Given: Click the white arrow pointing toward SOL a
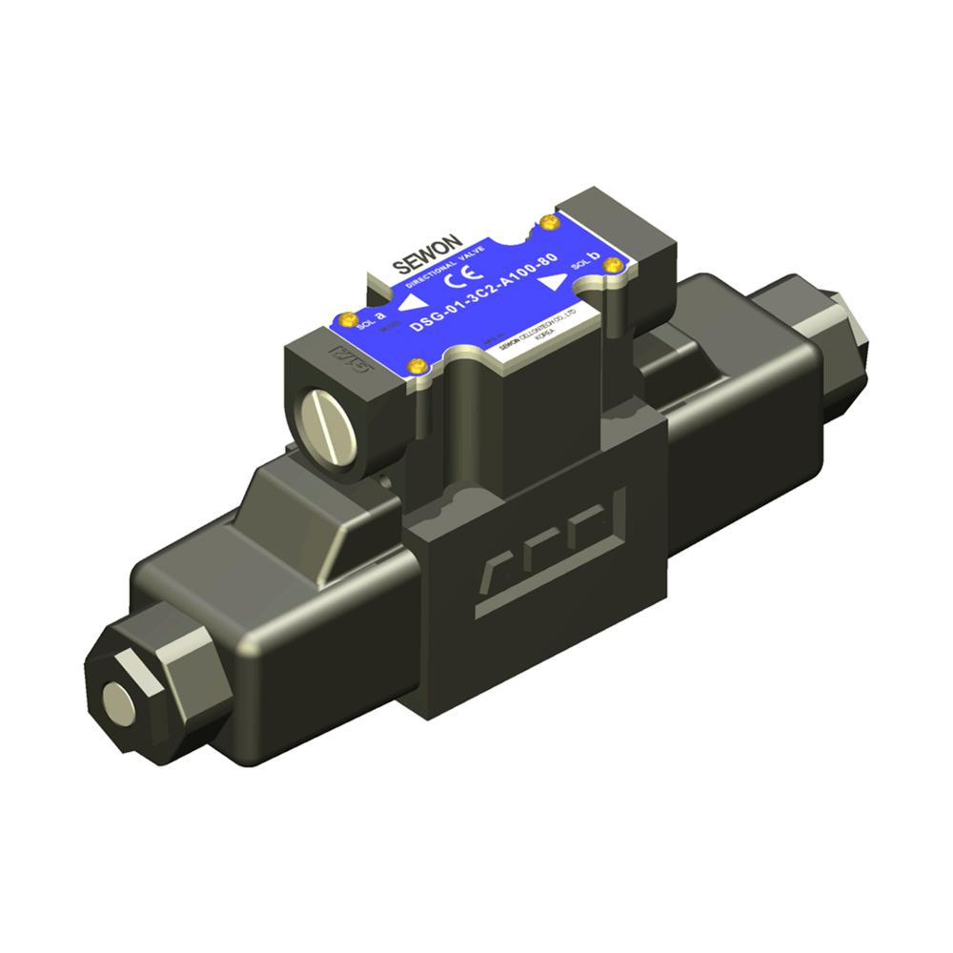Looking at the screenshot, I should tap(411, 303).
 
